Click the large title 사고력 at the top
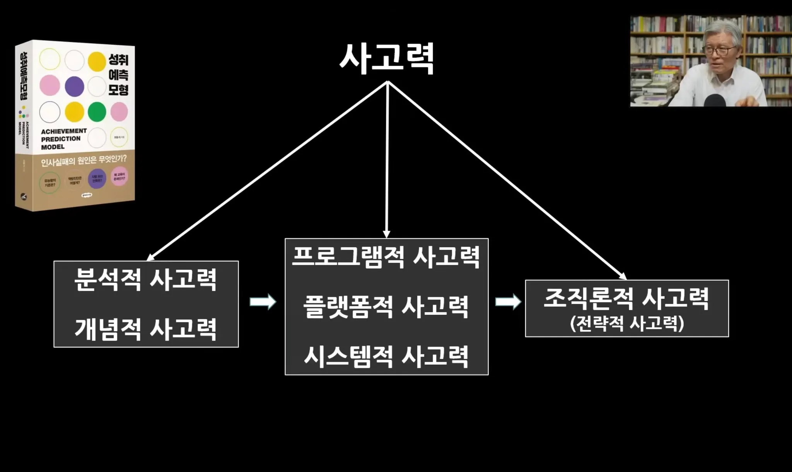[x=387, y=59]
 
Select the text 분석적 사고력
[x=145, y=279]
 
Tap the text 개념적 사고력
[x=145, y=329]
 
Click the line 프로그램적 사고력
[x=386, y=257]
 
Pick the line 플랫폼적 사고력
[x=386, y=307]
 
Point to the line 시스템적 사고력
[x=386, y=356]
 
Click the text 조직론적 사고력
[x=626, y=298]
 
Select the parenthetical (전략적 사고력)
[x=626, y=324]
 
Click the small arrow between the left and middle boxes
[x=263, y=302]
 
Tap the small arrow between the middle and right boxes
[x=508, y=302]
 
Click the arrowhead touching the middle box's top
[x=386, y=234]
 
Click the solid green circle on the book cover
[x=97, y=112]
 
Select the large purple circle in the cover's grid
[x=74, y=86]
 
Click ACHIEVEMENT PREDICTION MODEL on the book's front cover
[x=63, y=139]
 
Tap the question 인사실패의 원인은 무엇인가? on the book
[x=84, y=160]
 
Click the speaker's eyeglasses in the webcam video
[x=719, y=50]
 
